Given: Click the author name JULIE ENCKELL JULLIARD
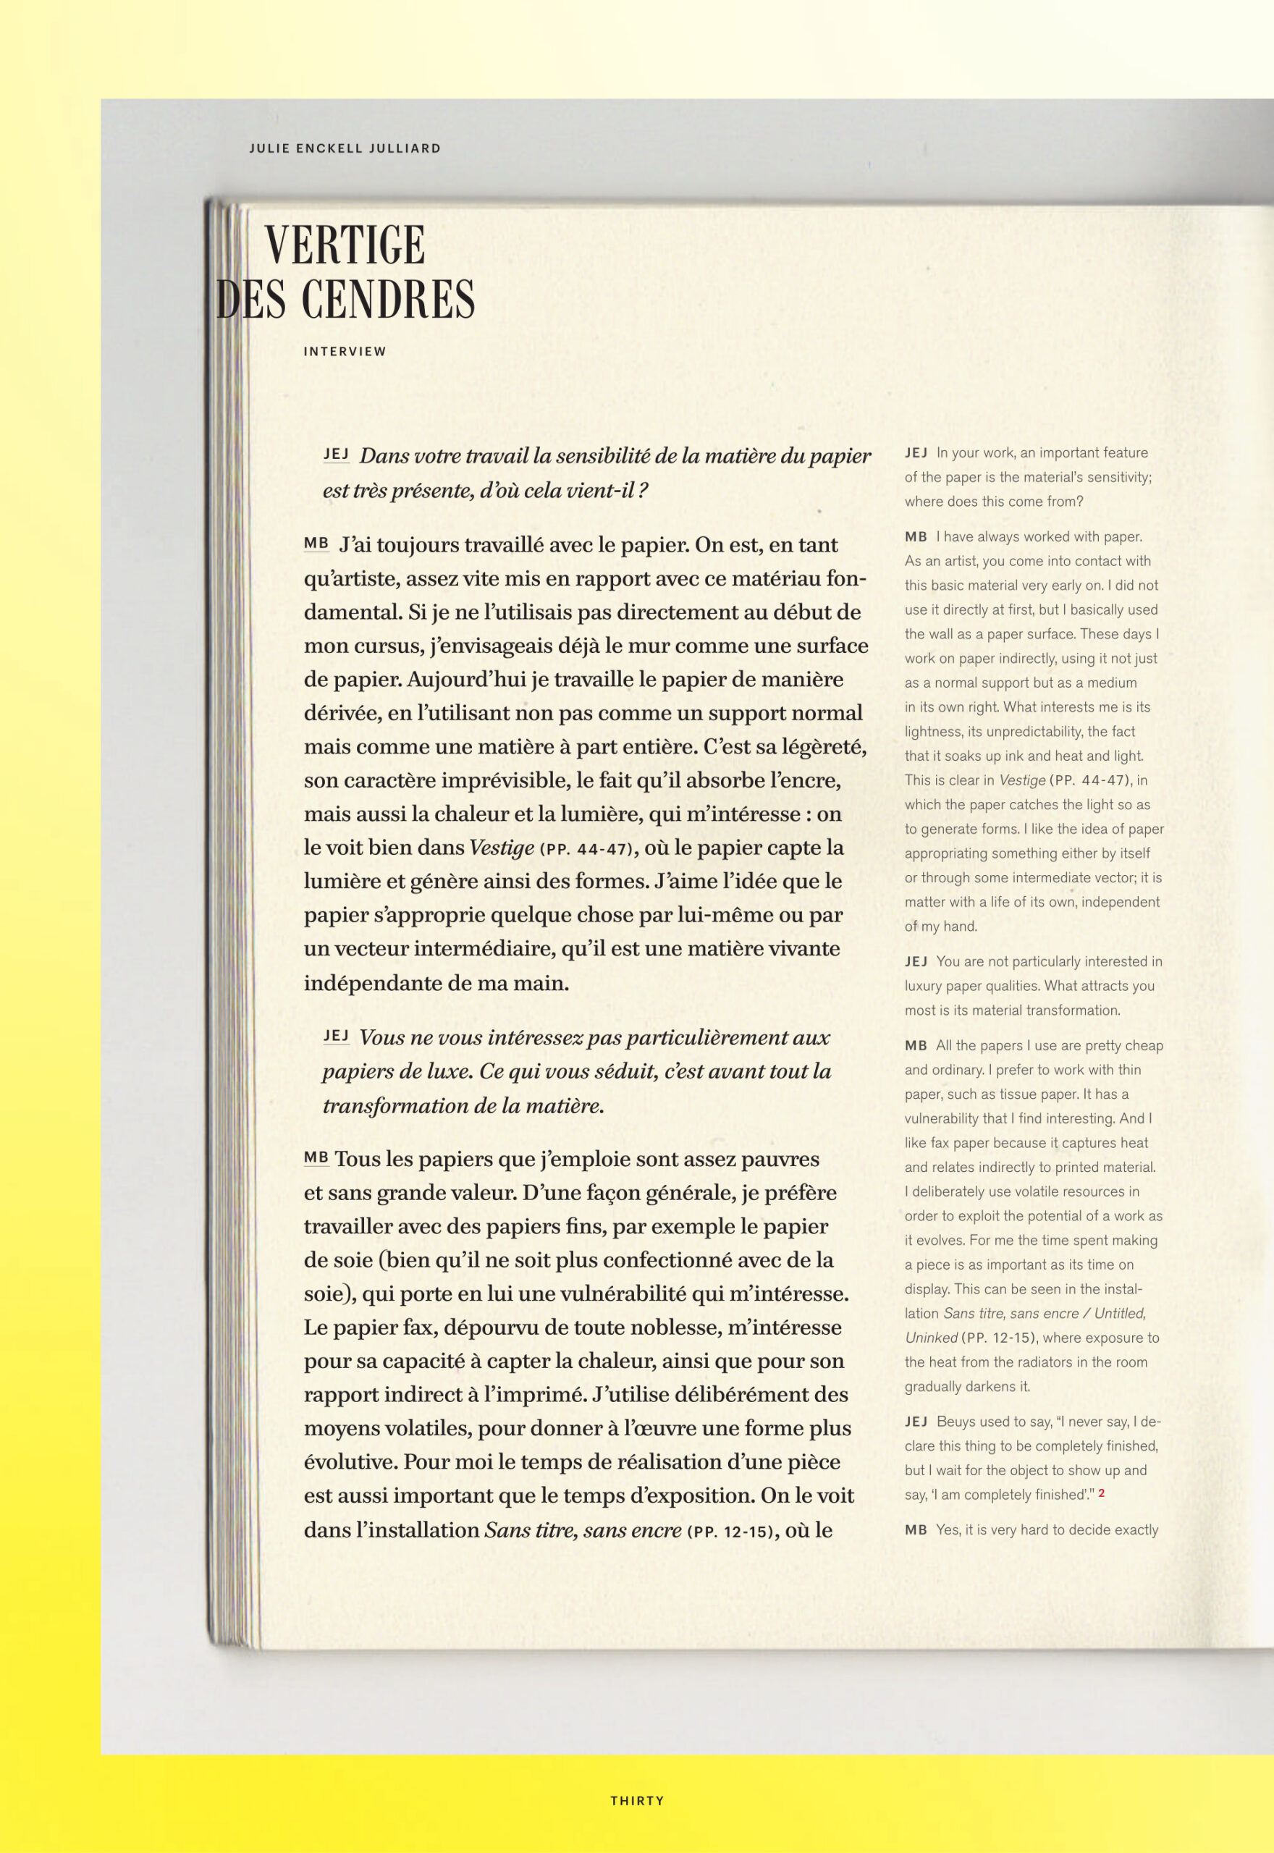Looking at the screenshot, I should (344, 148).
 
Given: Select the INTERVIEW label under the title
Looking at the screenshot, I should (344, 351).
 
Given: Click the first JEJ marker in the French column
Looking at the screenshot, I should (336, 454).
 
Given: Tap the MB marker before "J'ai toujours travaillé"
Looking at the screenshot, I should (316, 544).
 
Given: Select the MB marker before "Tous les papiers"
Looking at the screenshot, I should (316, 1157).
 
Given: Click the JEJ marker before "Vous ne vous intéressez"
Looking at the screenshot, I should (336, 1036).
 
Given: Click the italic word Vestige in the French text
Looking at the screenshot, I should (502, 847).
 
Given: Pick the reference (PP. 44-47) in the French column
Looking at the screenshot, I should (588, 849).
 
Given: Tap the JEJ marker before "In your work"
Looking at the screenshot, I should (916, 452).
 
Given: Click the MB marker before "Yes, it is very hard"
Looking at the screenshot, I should (916, 1529).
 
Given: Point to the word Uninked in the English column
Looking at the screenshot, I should (931, 1338).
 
